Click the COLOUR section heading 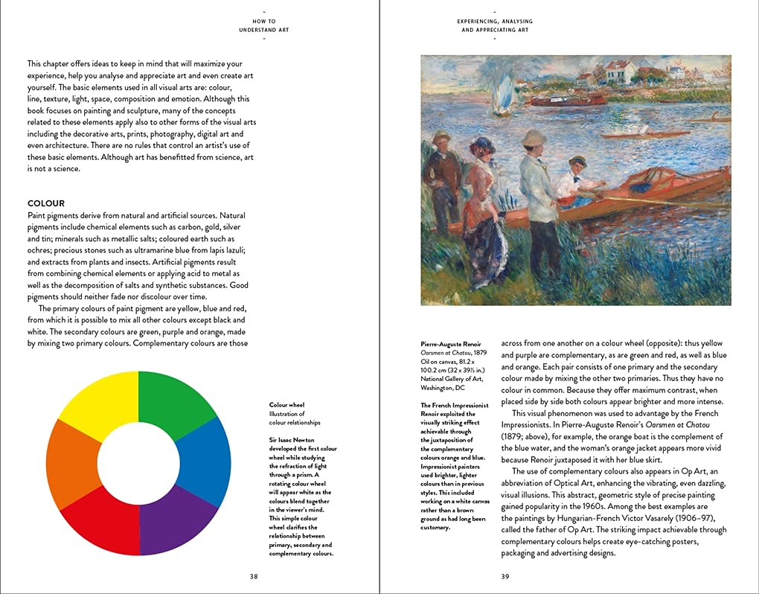point(46,203)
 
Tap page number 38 point(254,576)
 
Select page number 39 point(505,576)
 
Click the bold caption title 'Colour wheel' point(286,405)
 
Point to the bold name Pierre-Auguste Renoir point(451,344)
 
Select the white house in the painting point(622,72)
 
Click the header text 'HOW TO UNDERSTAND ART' point(264,26)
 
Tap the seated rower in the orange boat point(577,179)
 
